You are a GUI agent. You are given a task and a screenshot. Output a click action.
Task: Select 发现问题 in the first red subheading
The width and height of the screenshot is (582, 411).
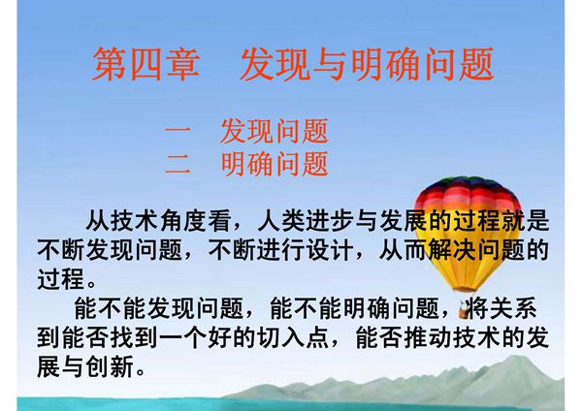(275, 130)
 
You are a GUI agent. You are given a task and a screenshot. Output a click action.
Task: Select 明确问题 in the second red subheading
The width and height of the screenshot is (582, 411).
(275, 163)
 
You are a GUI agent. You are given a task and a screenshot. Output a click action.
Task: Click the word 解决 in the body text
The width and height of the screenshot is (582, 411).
(459, 250)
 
